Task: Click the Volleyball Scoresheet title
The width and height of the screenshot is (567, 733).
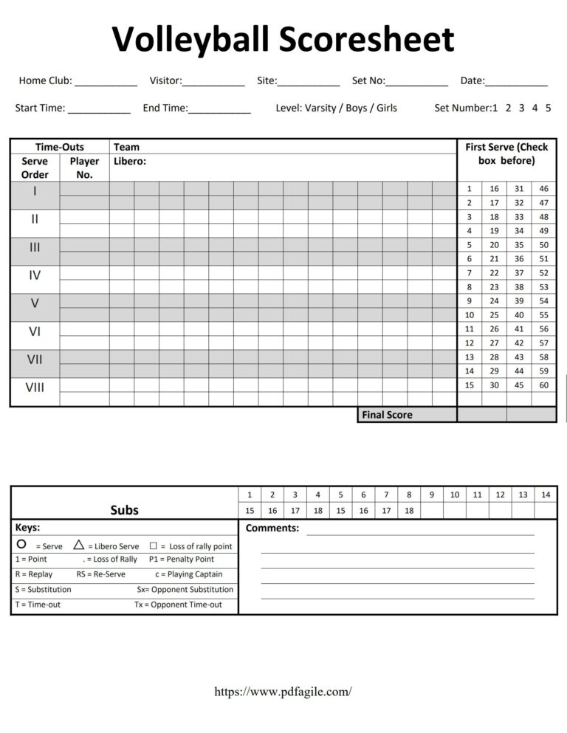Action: tap(283, 40)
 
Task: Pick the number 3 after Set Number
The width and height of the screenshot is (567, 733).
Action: tap(521, 108)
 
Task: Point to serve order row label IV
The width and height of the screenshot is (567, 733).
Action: tap(35, 275)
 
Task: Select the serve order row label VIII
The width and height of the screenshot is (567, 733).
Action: tap(35, 387)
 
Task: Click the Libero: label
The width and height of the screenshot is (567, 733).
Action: tap(130, 161)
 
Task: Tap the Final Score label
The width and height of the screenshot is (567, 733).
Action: tap(387, 415)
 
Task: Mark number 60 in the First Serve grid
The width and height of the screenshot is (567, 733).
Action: tap(544, 385)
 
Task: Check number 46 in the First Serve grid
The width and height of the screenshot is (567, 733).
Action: tap(544, 189)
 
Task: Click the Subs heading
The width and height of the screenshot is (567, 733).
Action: tap(125, 510)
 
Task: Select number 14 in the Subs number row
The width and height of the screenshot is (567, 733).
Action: tap(546, 495)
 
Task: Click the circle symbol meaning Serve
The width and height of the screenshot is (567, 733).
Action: tap(21, 544)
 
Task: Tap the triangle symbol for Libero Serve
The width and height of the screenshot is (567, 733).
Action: tap(79, 545)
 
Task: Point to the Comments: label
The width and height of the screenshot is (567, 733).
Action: tap(272, 529)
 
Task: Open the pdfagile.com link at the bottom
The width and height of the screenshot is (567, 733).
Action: tap(283, 692)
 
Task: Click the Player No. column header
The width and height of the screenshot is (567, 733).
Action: tap(84, 168)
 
